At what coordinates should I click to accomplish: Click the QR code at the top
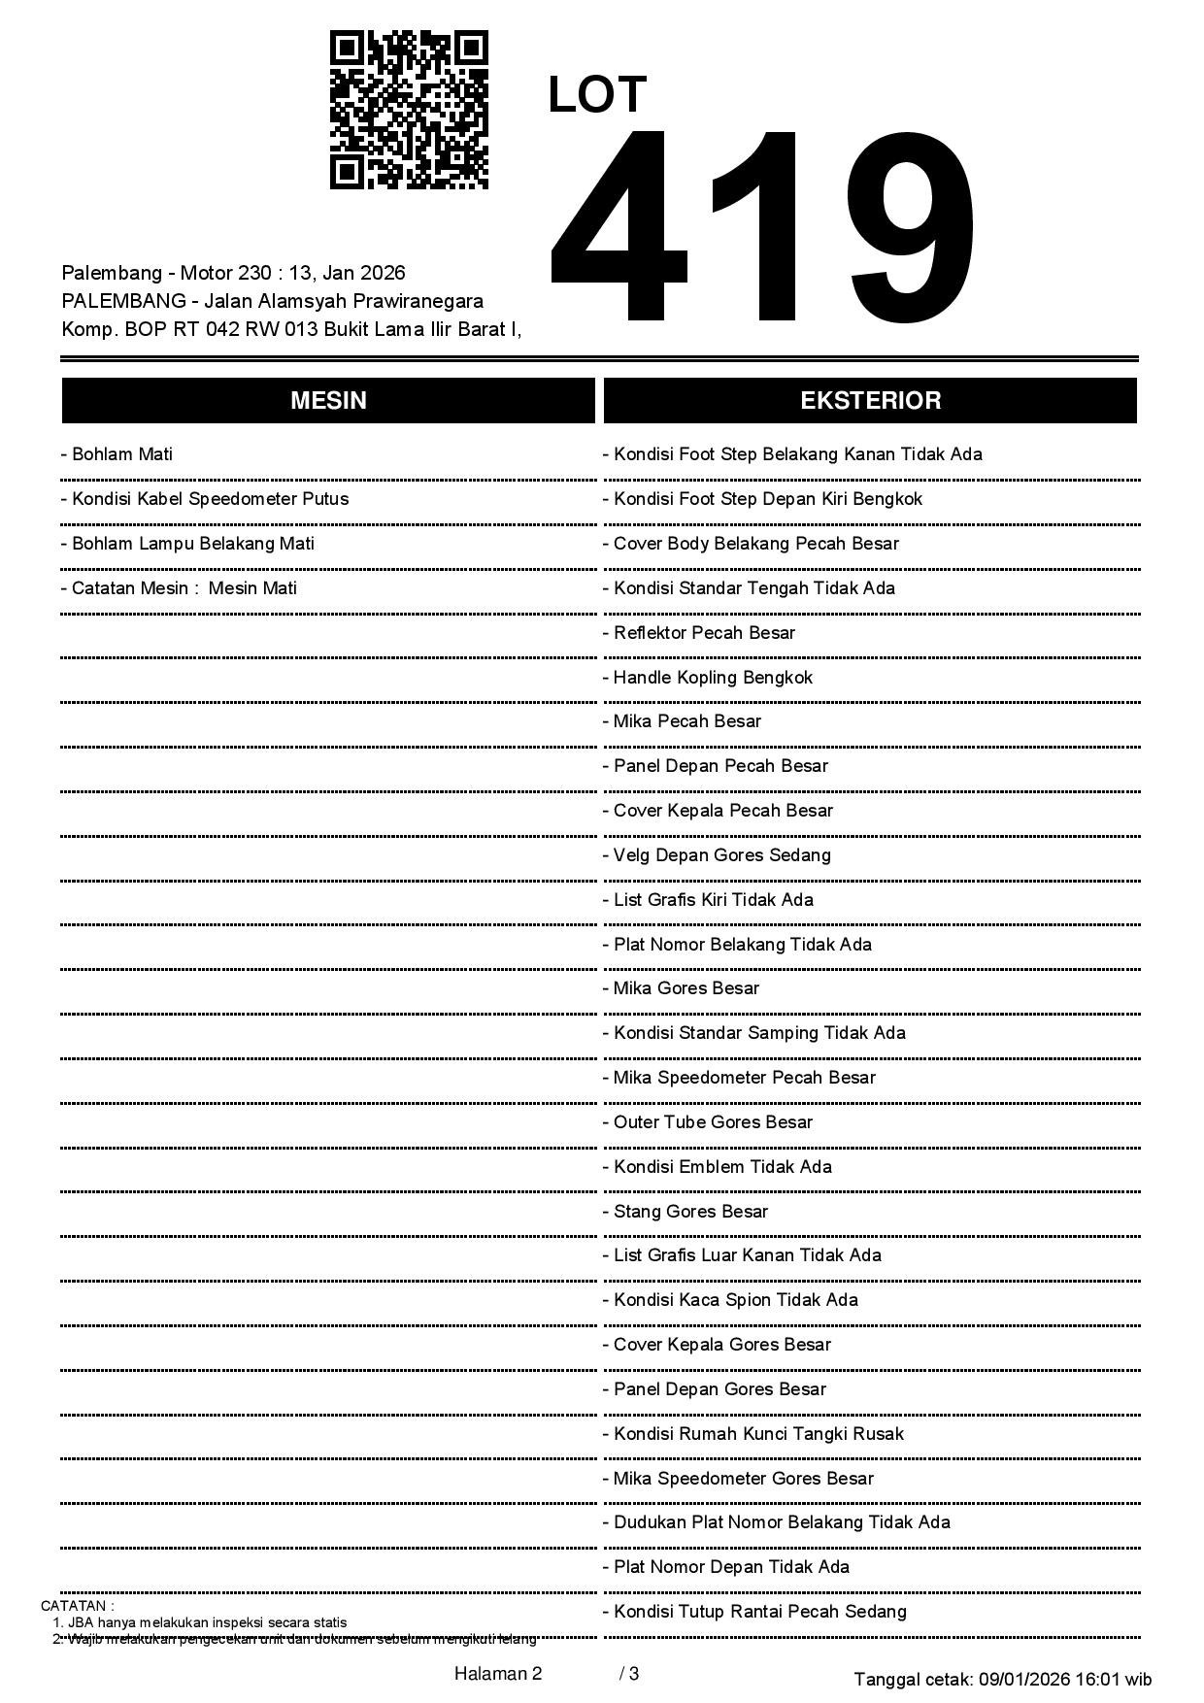pos(409,110)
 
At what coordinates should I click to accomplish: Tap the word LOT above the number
pos(596,95)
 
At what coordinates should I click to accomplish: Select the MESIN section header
pos(328,400)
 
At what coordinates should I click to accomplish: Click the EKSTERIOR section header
pos(870,400)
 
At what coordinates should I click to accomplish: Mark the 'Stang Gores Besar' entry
pos(689,1212)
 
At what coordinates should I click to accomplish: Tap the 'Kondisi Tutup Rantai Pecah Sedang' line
pos(759,1612)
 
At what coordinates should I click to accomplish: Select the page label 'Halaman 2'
pos(498,1674)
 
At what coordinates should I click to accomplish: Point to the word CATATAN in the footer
pos(77,1606)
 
